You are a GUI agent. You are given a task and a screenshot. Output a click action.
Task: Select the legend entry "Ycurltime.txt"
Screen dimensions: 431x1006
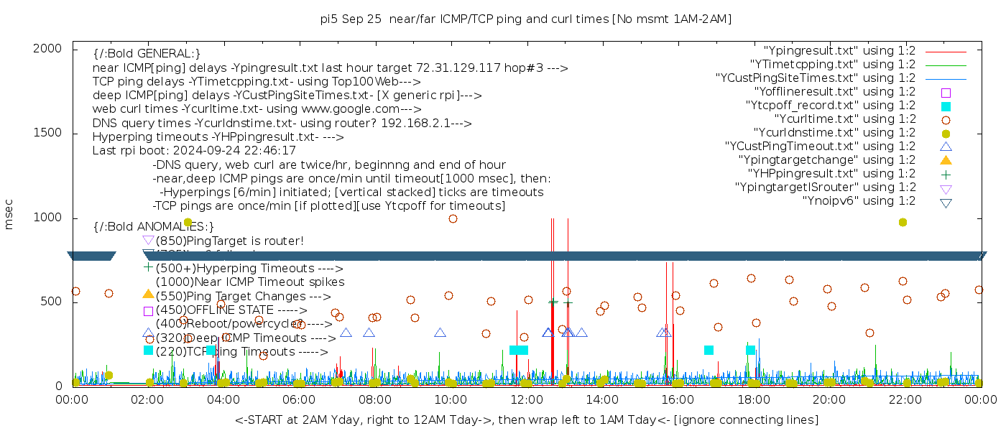[844, 119]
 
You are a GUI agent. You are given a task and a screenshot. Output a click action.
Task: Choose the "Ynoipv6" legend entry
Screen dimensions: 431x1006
[859, 201]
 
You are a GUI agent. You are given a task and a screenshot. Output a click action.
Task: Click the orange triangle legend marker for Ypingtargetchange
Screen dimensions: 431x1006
[946, 160]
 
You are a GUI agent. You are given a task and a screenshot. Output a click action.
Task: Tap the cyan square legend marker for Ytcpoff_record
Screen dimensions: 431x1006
[946, 106]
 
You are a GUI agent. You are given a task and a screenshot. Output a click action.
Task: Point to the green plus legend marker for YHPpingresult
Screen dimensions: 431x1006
[946, 174]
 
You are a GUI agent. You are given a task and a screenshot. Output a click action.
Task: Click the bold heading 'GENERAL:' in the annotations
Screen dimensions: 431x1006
[147, 54]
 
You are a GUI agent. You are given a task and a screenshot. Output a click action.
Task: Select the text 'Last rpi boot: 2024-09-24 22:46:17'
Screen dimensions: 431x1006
[194, 151]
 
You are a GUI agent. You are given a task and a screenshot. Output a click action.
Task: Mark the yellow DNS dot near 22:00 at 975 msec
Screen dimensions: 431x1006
[903, 223]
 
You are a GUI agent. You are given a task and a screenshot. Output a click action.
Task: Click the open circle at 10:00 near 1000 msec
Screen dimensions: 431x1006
[453, 219]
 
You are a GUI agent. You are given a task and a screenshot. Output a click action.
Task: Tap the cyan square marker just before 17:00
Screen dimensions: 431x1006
[709, 350]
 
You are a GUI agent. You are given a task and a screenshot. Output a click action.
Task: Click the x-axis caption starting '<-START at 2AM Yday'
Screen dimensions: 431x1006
[526, 420]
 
